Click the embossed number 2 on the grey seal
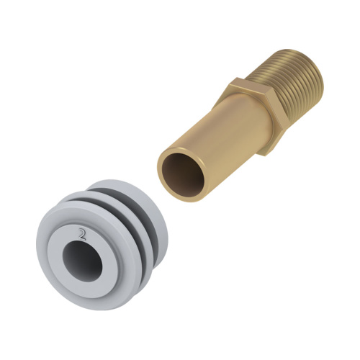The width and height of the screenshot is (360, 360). pos(82,235)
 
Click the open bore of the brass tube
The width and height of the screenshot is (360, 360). pos(183,174)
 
